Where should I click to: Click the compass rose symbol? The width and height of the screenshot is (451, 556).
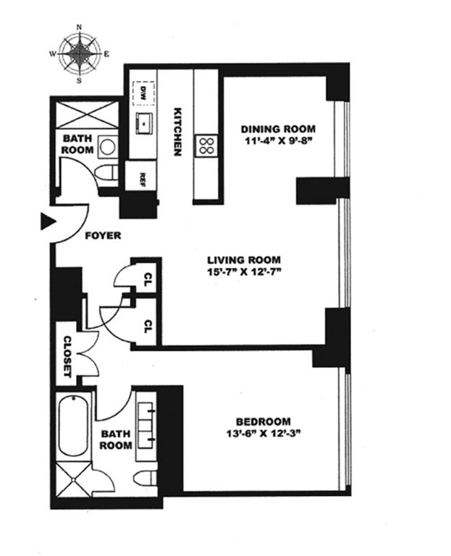(80, 54)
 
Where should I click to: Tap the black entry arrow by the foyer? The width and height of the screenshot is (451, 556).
(49, 222)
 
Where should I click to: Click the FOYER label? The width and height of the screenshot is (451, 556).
(104, 235)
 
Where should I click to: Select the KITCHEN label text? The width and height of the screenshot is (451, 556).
(177, 132)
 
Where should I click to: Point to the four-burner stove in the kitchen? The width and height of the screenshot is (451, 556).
(206, 146)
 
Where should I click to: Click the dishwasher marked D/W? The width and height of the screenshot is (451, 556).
(143, 93)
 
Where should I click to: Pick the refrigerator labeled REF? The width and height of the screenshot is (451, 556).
(141, 176)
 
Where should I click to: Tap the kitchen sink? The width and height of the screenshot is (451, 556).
(143, 123)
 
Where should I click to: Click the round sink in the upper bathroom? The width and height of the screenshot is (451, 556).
(106, 146)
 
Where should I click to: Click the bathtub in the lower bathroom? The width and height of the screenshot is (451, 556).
(72, 426)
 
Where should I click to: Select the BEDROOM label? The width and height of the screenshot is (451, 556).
(264, 421)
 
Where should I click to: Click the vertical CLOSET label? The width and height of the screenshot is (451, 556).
(67, 356)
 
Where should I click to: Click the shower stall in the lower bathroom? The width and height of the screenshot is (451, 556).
(74, 479)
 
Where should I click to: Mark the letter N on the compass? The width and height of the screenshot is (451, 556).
(80, 27)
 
